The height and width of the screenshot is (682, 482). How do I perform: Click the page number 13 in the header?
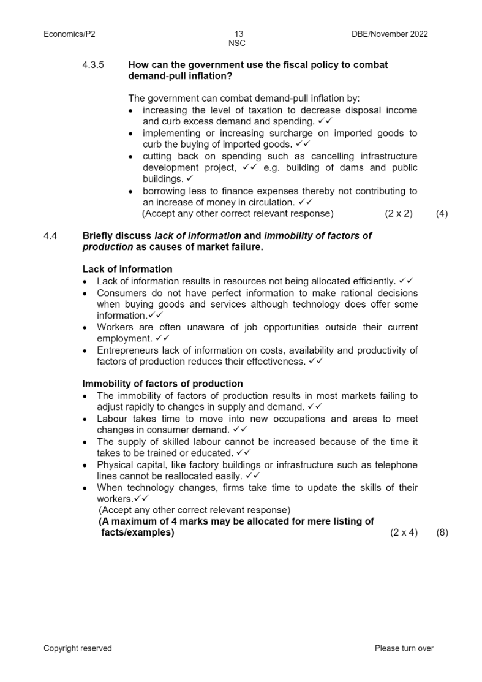pyautogui.click(x=239, y=34)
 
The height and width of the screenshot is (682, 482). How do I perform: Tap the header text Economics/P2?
pyautogui.click(x=69, y=34)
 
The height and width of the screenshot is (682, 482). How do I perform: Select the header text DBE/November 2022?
pyautogui.click(x=386, y=34)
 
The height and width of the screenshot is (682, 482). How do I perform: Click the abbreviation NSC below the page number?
pyautogui.click(x=237, y=44)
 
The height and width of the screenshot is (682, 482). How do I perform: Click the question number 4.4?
pyautogui.click(x=50, y=235)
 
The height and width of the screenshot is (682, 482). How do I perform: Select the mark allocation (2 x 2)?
pyautogui.click(x=399, y=214)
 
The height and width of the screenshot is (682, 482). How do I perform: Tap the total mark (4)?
pyautogui.click(x=442, y=214)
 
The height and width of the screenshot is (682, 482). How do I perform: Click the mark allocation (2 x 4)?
pyautogui.click(x=404, y=532)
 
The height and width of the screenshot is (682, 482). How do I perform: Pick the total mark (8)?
pyautogui.click(x=442, y=532)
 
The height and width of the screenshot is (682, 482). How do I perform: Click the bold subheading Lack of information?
pyautogui.click(x=127, y=269)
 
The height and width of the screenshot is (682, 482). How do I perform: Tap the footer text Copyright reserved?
pyautogui.click(x=78, y=648)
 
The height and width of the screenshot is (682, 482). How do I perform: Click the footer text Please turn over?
pyautogui.click(x=404, y=648)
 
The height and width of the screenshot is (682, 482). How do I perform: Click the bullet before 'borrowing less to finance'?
pyautogui.click(x=131, y=191)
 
